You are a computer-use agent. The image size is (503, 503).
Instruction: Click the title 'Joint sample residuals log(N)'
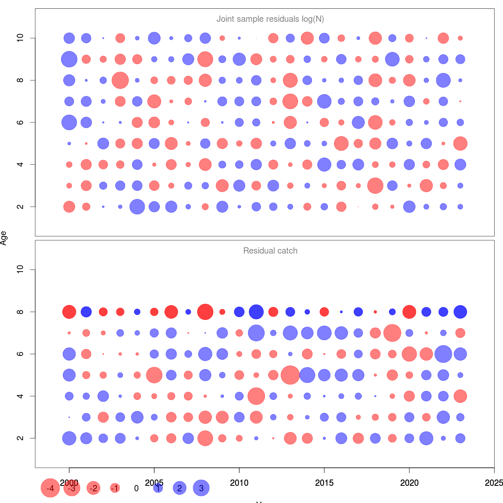click(x=270, y=19)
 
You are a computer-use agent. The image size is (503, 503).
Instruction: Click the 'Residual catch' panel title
click(x=270, y=251)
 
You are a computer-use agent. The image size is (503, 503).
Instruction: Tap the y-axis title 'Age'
click(x=4, y=238)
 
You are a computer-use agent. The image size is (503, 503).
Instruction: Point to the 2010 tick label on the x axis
click(x=239, y=483)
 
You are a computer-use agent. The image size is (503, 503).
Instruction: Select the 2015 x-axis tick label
click(x=324, y=483)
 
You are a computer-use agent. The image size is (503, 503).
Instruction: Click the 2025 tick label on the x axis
click(x=493, y=483)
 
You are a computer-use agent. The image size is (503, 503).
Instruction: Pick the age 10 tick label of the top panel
click(x=20, y=38)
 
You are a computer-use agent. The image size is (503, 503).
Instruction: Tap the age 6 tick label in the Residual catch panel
click(x=20, y=354)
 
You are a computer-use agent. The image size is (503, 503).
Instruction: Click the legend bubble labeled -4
click(x=50, y=488)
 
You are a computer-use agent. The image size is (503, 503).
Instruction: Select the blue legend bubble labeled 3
click(x=201, y=488)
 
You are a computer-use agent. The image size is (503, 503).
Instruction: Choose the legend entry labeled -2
click(x=93, y=488)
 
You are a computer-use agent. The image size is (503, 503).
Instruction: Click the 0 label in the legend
click(x=136, y=488)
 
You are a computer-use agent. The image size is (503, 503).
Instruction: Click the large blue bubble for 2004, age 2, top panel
click(x=137, y=207)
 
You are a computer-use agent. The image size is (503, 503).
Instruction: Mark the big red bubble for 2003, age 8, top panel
click(x=120, y=80)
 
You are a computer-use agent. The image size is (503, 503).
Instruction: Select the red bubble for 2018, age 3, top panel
click(x=375, y=185)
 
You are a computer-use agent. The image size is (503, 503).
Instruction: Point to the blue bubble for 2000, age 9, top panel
click(x=69, y=59)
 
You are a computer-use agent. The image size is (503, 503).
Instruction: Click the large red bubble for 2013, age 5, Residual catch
click(x=290, y=375)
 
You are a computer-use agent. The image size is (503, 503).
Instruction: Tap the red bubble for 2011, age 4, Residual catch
click(x=256, y=396)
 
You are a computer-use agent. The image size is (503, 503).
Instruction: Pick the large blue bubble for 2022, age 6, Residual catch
click(x=443, y=354)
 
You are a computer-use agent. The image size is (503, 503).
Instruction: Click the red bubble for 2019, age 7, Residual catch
click(x=392, y=333)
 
